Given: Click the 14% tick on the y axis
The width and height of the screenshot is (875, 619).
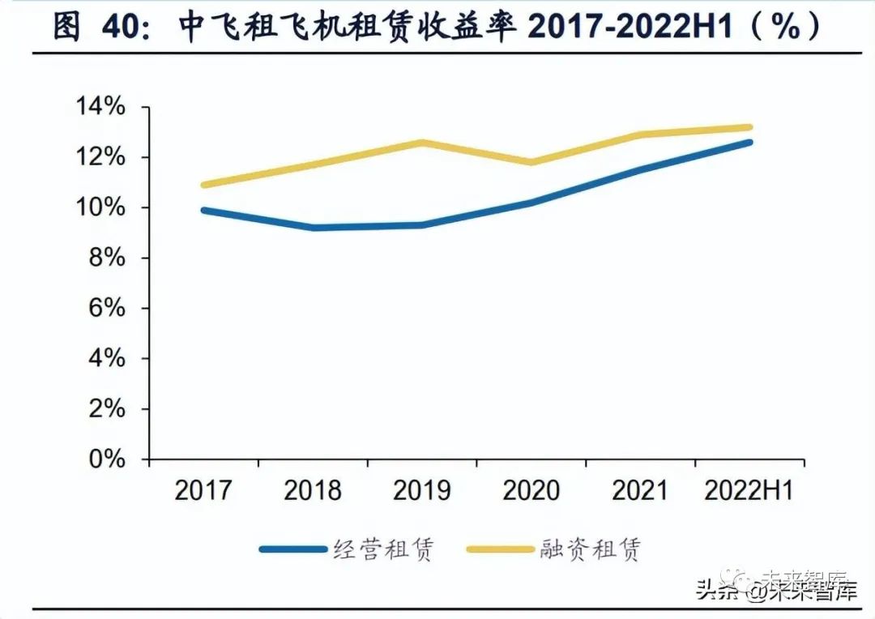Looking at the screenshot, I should coord(100,107).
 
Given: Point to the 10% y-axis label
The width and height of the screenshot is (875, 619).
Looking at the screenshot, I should coord(100,207).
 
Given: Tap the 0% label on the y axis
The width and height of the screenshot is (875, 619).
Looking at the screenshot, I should coord(107,459).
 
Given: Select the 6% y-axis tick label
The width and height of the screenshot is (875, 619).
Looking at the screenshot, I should coord(107,309).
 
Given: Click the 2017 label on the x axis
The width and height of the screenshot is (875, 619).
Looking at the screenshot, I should coord(203,490).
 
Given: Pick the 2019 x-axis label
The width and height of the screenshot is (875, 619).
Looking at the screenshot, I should coord(421,490).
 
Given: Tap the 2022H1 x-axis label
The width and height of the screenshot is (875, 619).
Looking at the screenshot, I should coord(749,490).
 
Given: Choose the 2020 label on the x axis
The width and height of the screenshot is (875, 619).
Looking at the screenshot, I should coord(531,490).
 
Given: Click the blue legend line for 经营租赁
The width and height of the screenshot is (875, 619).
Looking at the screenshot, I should coord(292,549).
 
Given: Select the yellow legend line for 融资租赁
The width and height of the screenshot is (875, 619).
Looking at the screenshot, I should coord(500,549).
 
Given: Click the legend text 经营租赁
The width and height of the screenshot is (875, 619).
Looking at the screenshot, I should coord(384,549).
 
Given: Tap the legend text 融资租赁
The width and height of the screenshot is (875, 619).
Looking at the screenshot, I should coord(590,549).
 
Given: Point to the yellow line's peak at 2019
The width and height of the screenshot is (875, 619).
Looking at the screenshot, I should coord(421,143).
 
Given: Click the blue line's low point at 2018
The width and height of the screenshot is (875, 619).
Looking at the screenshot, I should coord(313,228).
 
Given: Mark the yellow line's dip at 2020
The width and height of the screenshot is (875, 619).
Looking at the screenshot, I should coord(531,162).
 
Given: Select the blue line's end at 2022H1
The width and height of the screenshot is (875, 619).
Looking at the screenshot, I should coord(749,143).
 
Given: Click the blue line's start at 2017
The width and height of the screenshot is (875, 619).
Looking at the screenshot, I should coord(204,210).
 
